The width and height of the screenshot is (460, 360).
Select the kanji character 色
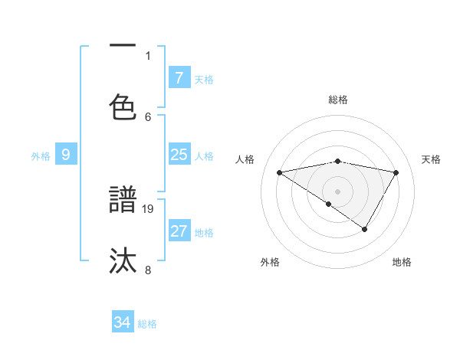point(123,108)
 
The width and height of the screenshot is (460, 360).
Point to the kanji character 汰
point(123,261)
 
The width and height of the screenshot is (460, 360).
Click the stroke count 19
point(149,208)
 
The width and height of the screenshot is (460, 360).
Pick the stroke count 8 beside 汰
point(148,270)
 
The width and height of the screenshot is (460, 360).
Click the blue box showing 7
point(179,77)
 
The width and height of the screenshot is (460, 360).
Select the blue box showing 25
point(179,155)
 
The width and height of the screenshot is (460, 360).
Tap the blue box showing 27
point(179,231)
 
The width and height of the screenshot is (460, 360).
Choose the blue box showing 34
point(122,322)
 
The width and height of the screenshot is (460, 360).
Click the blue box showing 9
point(66,155)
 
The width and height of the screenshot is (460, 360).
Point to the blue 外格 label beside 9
point(41,155)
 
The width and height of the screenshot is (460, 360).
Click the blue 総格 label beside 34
point(147,324)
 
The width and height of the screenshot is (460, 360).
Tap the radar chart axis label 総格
point(338,100)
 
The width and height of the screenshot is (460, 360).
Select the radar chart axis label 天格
point(432,159)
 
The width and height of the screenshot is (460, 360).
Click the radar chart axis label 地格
point(402,262)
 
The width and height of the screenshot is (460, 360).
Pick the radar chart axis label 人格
point(245,159)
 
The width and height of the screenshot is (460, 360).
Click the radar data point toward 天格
point(396,172)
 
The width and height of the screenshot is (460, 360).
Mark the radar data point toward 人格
point(280,172)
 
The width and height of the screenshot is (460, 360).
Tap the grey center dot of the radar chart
point(338,191)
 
